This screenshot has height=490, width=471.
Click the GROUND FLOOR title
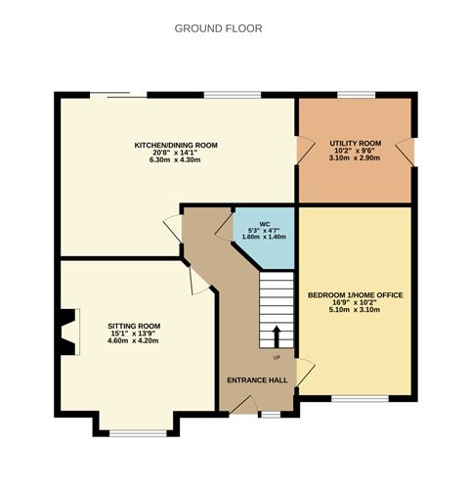click(218, 28)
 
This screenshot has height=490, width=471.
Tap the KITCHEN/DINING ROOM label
click(176, 145)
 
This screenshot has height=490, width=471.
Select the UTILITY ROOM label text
click(355, 143)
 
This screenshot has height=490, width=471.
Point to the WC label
click(264, 223)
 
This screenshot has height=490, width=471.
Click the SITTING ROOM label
click(134, 325)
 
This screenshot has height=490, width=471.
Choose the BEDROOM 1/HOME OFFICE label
click(355, 294)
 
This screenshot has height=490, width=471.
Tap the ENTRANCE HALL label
click(257, 379)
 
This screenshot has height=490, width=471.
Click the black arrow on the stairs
click(276, 335)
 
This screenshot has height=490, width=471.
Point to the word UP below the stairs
click(277, 357)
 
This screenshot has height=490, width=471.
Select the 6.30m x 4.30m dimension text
click(176, 159)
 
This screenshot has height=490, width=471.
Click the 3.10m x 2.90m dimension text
click(355, 157)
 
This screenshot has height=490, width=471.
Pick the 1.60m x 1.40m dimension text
click(264, 238)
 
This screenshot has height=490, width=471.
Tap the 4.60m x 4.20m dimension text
click(134, 339)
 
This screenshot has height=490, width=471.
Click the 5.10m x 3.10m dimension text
click(355, 309)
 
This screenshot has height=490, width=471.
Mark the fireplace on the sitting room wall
click(64, 332)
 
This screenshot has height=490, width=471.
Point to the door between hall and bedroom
click(305, 373)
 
